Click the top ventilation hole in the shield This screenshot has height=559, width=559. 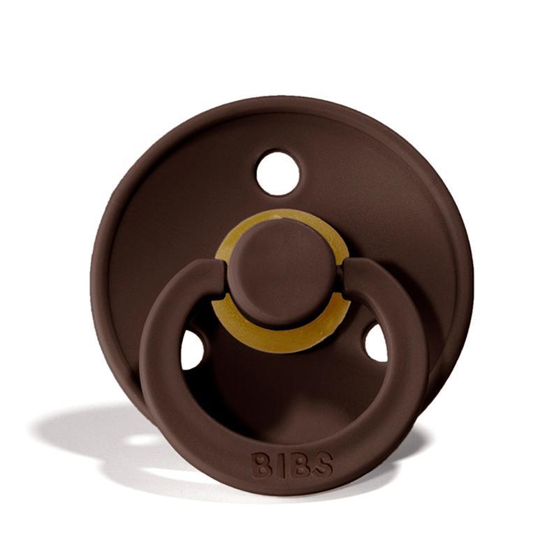tap(277, 173)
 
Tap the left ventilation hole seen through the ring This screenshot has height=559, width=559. tap(192, 350)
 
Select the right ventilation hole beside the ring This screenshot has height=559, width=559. tap(376, 343)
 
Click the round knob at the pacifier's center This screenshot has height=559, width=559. tap(281, 273)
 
